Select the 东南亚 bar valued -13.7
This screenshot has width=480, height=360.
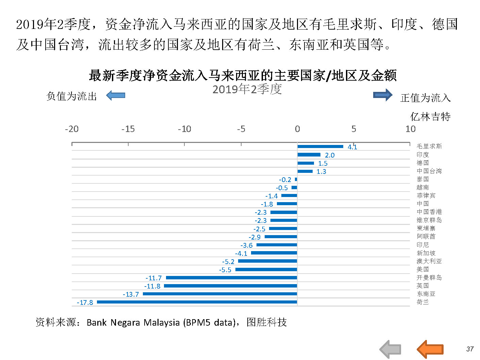(220, 294)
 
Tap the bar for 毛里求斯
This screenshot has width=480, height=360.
(320, 147)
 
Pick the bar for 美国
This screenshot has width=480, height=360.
(266, 269)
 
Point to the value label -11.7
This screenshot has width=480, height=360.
(154, 278)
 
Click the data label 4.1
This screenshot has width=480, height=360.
(352, 147)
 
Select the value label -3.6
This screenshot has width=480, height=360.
(247, 245)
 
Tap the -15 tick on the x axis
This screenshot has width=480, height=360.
(128, 129)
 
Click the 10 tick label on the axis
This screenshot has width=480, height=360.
(410, 129)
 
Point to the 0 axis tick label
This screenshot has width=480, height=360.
(297, 129)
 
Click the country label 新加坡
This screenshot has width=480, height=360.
(426, 253)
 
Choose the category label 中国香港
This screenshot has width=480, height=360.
(429, 212)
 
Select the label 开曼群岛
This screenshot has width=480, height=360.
(429, 278)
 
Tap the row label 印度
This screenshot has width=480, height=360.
(423, 155)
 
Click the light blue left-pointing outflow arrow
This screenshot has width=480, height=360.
(116, 96)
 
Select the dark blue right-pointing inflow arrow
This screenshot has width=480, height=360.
(383, 95)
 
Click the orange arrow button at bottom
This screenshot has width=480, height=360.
(430, 349)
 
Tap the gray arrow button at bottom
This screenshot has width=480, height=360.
(390, 349)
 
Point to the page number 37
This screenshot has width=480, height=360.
(470, 349)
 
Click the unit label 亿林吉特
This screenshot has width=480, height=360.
(430, 117)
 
